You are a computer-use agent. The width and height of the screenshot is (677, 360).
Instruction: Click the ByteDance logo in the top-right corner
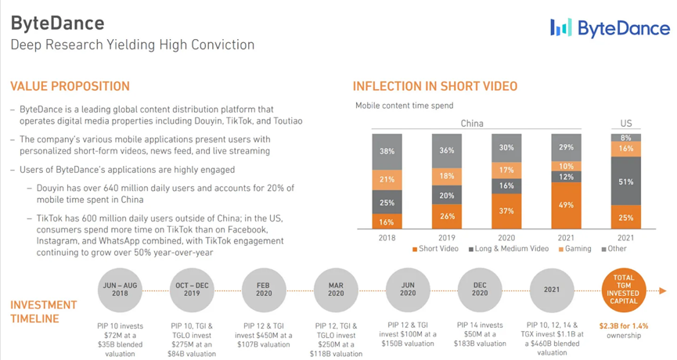click(610, 28)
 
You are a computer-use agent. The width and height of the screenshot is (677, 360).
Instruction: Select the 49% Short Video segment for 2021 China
click(567, 205)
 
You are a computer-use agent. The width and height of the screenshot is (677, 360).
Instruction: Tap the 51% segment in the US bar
click(625, 182)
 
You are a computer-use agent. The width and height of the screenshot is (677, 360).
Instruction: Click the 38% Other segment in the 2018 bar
click(387, 151)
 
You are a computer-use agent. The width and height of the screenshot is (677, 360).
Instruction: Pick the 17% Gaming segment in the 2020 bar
click(506, 170)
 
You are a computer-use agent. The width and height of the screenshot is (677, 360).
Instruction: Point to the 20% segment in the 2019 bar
click(447, 196)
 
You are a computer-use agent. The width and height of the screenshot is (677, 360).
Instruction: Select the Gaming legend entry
click(574, 249)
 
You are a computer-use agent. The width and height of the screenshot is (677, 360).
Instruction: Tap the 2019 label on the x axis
click(447, 237)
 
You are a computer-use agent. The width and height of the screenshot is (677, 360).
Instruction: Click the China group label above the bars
click(472, 124)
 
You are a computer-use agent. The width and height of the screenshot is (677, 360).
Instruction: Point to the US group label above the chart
click(625, 124)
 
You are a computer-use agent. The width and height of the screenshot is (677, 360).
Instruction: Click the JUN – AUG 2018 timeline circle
click(120, 289)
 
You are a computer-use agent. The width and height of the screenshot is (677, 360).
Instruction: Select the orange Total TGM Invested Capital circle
click(623, 289)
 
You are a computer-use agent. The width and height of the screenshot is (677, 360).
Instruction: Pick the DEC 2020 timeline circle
click(480, 289)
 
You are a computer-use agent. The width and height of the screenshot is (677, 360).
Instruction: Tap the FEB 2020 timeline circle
click(264, 289)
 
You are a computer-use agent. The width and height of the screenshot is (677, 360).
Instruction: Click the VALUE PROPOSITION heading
click(70, 86)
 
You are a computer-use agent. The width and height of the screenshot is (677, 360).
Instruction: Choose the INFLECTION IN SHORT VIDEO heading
click(434, 86)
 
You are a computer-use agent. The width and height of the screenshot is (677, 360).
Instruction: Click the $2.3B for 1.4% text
click(623, 325)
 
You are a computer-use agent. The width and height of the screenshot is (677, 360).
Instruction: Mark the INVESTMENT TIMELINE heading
click(44, 311)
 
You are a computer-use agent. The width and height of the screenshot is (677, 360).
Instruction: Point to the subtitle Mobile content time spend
click(404, 106)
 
